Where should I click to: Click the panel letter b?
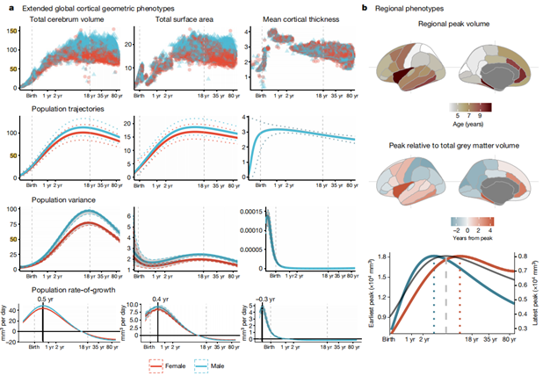click(x=370, y=8)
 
